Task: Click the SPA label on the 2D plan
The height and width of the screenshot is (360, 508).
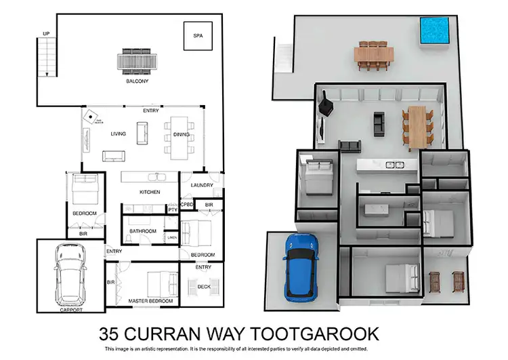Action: pyautogui.click(x=198, y=35)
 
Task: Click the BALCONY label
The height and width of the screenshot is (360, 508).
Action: pyautogui.click(x=137, y=81)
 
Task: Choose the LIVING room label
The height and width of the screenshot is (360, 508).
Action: pyautogui.click(x=119, y=134)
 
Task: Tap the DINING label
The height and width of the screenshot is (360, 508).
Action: pyautogui.click(x=182, y=134)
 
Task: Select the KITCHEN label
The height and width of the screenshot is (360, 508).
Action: pyautogui.click(x=150, y=193)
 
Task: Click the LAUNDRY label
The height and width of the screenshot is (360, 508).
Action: pyautogui.click(x=202, y=185)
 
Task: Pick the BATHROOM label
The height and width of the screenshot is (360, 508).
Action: pyautogui.click(x=143, y=231)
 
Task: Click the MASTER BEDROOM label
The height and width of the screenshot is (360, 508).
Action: pyautogui.click(x=150, y=300)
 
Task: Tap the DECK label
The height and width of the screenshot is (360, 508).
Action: pyautogui.click(x=203, y=287)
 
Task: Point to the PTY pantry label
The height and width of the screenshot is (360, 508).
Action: pyautogui.click(x=172, y=211)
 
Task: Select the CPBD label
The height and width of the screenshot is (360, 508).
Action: pyautogui.click(x=187, y=204)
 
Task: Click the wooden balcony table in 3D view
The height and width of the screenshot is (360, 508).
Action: pyautogui.click(x=375, y=54)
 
